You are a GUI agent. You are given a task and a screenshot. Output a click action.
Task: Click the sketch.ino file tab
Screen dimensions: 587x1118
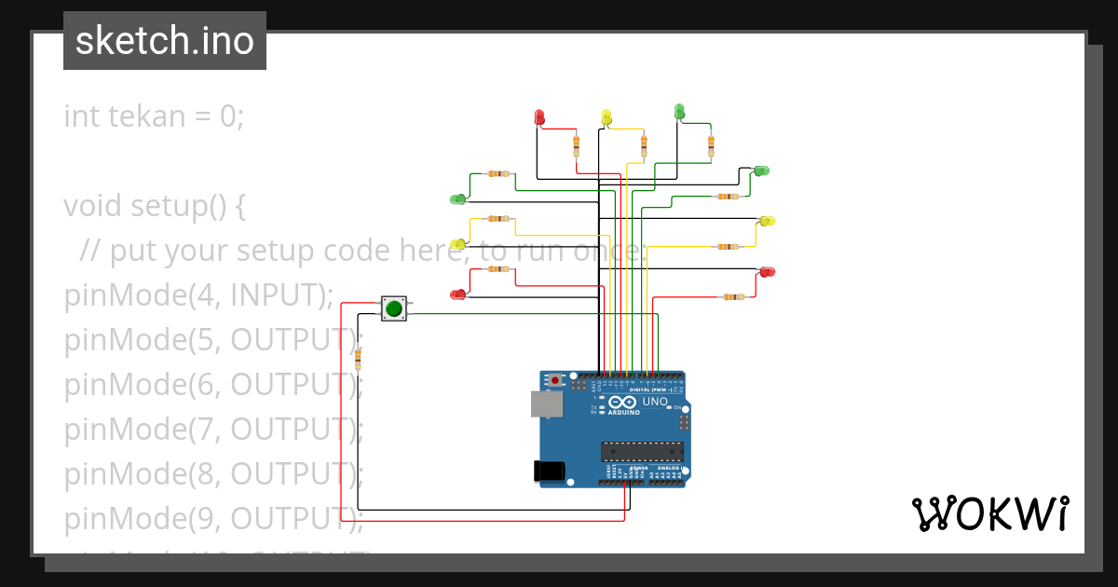165,41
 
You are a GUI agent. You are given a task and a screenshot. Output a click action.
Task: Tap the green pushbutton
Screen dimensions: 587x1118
394,308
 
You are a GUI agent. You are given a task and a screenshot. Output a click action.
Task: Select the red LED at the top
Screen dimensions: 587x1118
539,116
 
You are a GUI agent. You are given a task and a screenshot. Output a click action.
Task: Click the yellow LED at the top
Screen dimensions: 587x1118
607,116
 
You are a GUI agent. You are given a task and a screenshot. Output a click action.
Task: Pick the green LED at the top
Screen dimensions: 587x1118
679,112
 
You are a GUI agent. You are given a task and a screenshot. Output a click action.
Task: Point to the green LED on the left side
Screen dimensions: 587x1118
457,198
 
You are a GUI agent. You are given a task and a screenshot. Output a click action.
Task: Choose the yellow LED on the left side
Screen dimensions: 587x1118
457,245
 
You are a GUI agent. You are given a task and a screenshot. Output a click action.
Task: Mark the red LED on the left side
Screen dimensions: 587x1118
457,294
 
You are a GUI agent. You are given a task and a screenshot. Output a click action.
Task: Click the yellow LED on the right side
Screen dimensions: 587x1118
767,221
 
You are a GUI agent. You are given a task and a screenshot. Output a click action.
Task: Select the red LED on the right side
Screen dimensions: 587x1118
767,271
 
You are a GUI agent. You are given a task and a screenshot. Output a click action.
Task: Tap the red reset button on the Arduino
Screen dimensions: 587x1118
556,381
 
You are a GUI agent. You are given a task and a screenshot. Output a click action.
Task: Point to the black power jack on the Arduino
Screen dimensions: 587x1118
549,471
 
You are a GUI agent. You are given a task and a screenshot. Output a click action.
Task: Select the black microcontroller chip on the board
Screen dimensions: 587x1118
642,452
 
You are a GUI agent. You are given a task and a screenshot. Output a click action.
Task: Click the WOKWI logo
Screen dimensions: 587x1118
989,513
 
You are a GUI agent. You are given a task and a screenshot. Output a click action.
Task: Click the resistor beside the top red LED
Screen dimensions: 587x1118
576,145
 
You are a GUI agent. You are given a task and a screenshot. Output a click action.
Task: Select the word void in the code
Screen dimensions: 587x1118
93,206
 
